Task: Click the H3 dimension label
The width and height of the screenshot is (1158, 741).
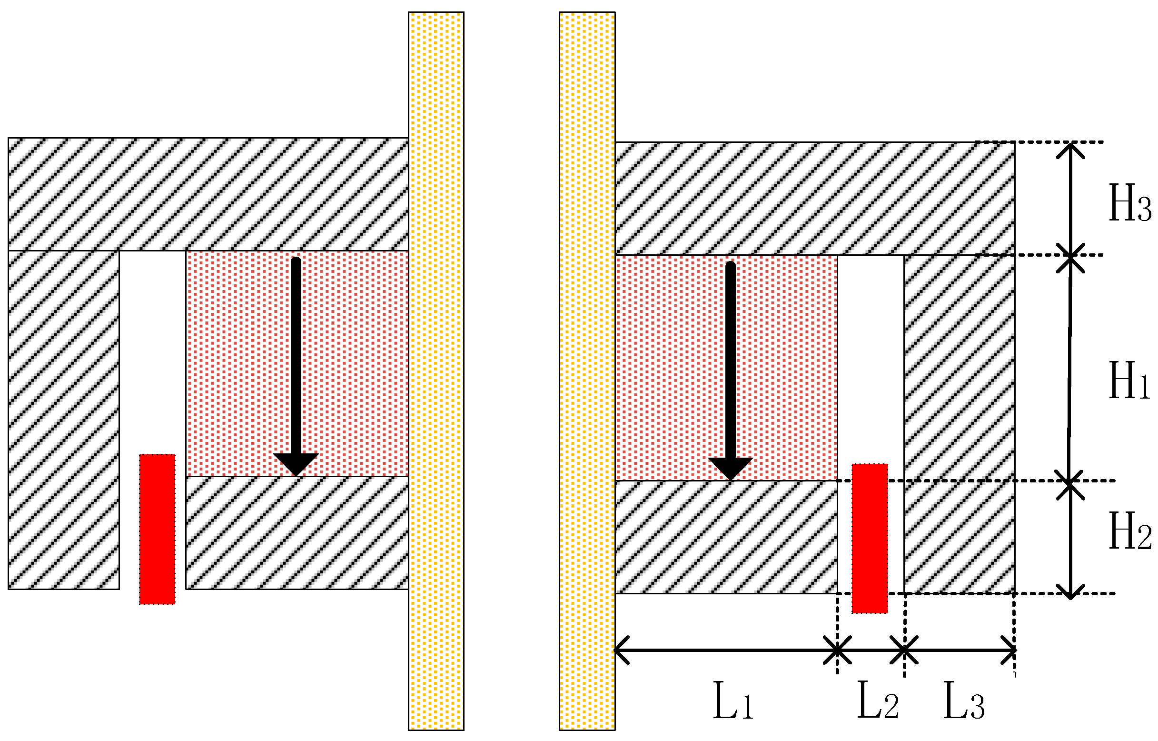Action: coord(1129,203)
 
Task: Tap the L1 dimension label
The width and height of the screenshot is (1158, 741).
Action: coord(732,701)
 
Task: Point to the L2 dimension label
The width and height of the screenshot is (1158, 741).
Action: coord(878,701)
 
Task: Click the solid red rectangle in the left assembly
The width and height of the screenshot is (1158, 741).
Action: coord(157,529)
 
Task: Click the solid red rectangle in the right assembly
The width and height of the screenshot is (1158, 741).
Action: coord(870,539)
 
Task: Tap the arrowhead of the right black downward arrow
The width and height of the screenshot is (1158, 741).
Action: coord(731,468)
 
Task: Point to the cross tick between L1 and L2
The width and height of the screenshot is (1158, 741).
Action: coord(837,650)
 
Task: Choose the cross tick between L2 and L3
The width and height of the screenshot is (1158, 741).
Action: coord(904,650)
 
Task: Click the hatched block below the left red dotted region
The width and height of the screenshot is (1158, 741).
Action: coord(297,533)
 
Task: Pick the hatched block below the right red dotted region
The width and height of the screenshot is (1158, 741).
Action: coord(726,537)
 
